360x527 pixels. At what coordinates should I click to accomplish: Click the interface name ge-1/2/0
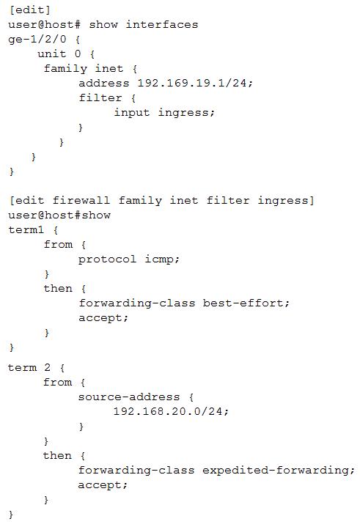(x=37, y=40)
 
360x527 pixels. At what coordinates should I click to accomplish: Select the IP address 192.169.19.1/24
(x=194, y=83)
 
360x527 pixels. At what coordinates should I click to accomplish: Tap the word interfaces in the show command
(x=162, y=24)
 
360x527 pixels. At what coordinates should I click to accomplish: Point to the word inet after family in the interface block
(x=109, y=69)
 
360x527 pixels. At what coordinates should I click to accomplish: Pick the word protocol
(x=107, y=259)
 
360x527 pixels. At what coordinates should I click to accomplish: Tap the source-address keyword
(x=129, y=397)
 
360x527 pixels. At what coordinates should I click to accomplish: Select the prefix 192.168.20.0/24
(x=169, y=411)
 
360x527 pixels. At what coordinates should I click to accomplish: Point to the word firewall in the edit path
(x=81, y=201)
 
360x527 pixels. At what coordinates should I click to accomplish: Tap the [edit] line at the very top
(x=30, y=10)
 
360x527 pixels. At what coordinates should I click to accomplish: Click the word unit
(x=52, y=54)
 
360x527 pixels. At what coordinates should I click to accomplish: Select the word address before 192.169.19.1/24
(x=104, y=83)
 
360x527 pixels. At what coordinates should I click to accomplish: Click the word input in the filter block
(x=132, y=113)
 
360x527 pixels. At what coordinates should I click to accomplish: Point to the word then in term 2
(x=57, y=455)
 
